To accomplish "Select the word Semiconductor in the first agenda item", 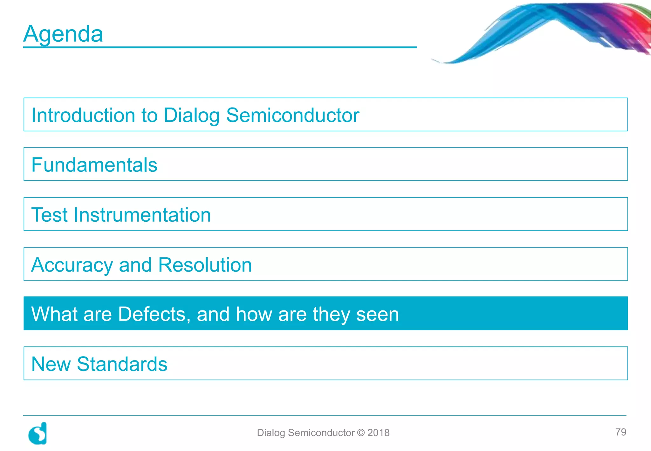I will (x=292, y=115).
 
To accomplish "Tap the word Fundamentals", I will (x=94, y=165).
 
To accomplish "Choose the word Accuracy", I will (x=72, y=265).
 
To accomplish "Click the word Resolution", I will (x=205, y=265).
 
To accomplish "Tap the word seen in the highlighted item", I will (x=377, y=314).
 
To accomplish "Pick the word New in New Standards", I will (x=51, y=364).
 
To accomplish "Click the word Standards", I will (x=122, y=364).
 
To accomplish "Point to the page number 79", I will (x=620, y=432).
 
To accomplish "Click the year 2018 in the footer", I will (x=378, y=433).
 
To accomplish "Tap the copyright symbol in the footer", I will (x=361, y=433).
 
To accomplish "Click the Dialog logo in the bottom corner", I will (x=38, y=434).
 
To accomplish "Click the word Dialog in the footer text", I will (x=271, y=433).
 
